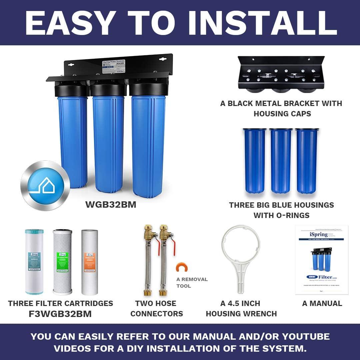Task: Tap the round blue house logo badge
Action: click(x=45, y=185)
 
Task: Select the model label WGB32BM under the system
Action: click(x=111, y=205)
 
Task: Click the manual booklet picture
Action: click(x=322, y=260)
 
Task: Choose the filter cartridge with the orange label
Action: click(x=90, y=262)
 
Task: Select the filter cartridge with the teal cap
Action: click(x=34, y=262)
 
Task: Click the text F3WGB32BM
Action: click(x=60, y=314)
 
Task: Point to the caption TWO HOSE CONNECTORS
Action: click(x=156, y=309)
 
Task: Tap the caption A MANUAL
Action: click(x=322, y=303)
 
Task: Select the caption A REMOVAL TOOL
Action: click(x=192, y=283)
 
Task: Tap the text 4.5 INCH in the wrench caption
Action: click(x=244, y=303)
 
